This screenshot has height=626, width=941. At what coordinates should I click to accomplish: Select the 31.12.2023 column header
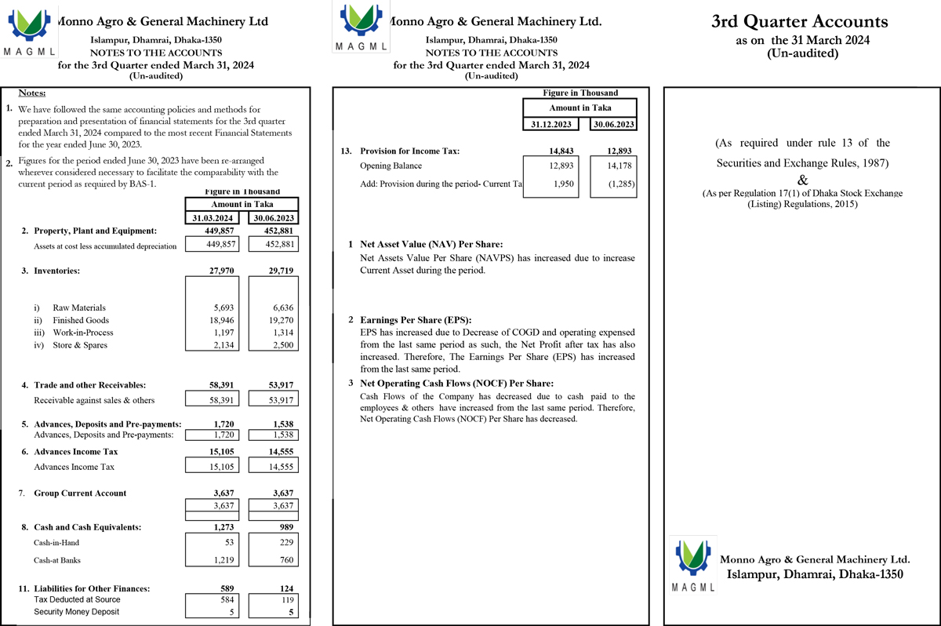[x=552, y=124]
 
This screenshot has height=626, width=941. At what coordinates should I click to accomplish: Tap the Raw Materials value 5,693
[x=223, y=308]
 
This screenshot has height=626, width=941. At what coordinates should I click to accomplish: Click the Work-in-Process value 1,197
[x=223, y=333]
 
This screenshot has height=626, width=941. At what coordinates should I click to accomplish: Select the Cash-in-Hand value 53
[x=228, y=542]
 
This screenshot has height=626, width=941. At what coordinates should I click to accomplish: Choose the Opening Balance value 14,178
[x=617, y=166]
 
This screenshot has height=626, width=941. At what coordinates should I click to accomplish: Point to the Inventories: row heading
[x=56, y=271]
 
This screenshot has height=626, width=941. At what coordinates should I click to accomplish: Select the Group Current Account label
[x=80, y=493]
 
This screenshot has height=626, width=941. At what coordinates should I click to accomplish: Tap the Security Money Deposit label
[x=77, y=612]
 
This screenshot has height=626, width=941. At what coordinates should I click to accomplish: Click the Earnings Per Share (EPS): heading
[x=415, y=321]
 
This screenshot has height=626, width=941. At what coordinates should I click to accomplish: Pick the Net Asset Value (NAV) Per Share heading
[x=431, y=245]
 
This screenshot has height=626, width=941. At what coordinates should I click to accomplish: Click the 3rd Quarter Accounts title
[x=799, y=22]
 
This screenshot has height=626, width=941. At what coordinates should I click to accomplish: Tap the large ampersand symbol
[x=802, y=180]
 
